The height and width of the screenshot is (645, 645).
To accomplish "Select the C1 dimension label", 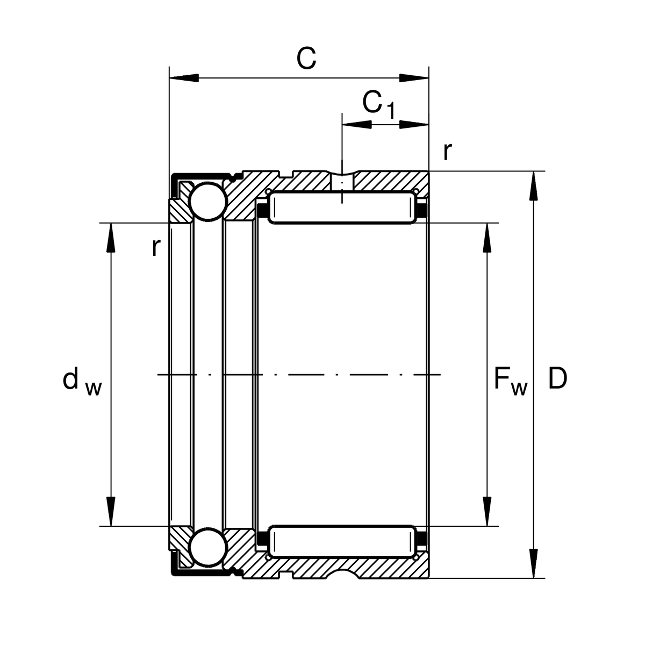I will pyautogui.click(x=378, y=104).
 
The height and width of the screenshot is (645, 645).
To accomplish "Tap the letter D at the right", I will pyautogui.click(x=557, y=379).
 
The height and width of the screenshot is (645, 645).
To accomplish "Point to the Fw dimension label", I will pyautogui.click(x=510, y=381).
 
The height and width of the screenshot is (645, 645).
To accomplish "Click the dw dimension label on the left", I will pyautogui.click(x=81, y=381).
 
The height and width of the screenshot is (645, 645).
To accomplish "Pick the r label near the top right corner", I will pyautogui.click(x=447, y=152).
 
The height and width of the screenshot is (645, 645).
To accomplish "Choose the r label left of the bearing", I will pyautogui.click(x=155, y=248).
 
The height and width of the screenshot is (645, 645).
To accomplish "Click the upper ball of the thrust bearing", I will pyautogui.click(x=206, y=202).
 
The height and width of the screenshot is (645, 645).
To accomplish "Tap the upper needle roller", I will pyautogui.click(x=343, y=207).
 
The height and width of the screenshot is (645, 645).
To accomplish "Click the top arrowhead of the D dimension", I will pyautogui.click(x=533, y=185).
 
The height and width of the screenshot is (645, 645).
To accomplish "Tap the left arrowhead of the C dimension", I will pyautogui.click(x=183, y=78).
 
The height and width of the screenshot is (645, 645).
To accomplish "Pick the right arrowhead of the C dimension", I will pyautogui.click(x=414, y=78).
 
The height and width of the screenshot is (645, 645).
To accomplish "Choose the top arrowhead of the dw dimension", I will pyautogui.click(x=111, y=236).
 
